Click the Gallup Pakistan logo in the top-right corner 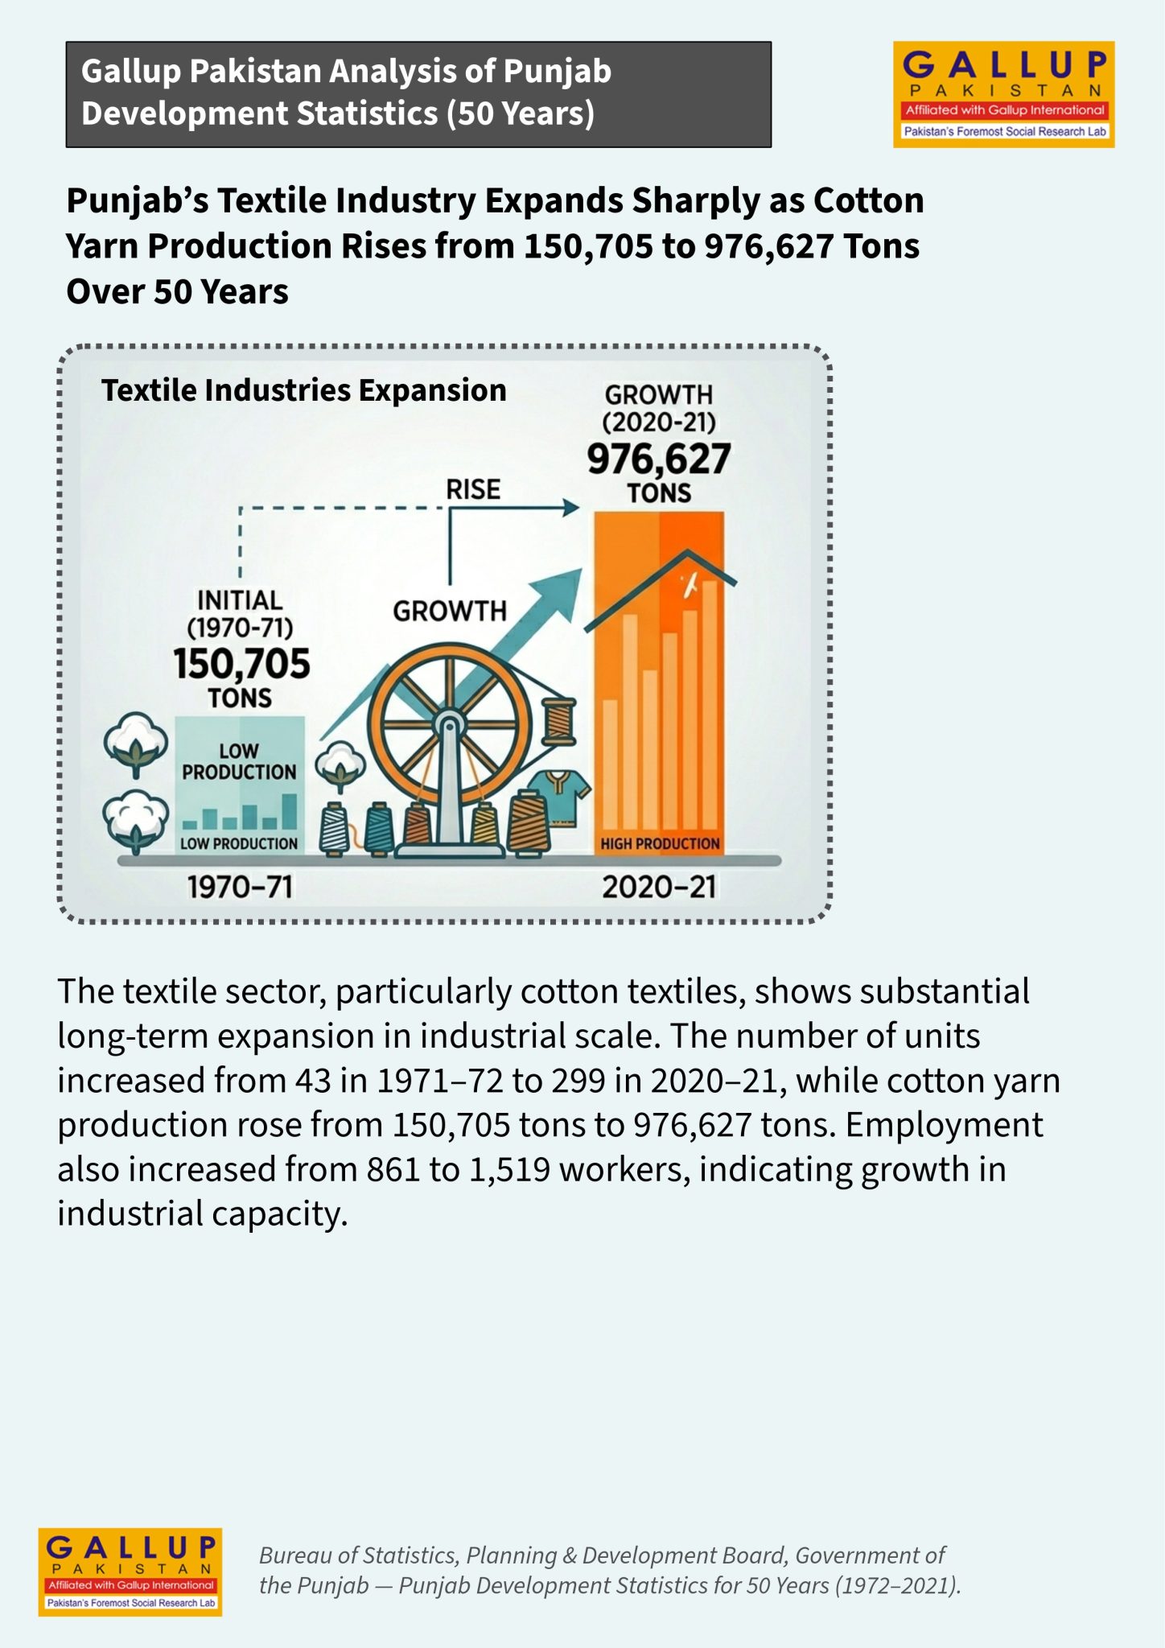[x=1003, y=94]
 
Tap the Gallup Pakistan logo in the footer [x=130, y=1572]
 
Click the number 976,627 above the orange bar [x=659, y=459]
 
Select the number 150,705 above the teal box [x=241, y=664]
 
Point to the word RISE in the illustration [x=473, y=489]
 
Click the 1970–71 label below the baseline [x=240, y=887]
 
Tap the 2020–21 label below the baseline [x=659, y=887]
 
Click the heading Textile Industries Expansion [x=304, y=390]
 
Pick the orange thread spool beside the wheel [x=560, y=722]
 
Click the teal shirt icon [x=560, y=797]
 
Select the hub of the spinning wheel [x=449, y=721]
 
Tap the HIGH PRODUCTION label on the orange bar [x=660, y=843]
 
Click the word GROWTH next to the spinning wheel [x=450, y=612]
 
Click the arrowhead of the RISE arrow [x=571, y=508]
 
